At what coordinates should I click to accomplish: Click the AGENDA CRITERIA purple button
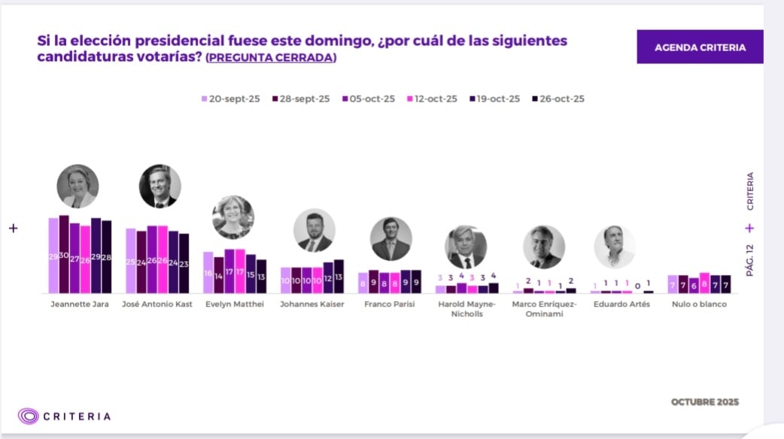(700, 47)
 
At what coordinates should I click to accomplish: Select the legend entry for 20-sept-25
(229, 98)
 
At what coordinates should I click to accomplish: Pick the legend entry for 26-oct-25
(558, 98)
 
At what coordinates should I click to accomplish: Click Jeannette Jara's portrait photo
(77, 186)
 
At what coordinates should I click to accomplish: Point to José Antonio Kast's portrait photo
(160, 186)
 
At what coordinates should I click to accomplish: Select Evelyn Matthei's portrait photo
(233, 216)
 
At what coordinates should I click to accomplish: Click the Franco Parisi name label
(390, 304)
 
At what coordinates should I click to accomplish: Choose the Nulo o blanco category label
(699, 304)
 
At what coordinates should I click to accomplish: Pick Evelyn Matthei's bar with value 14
(219, 275)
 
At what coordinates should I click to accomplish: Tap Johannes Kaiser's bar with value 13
(339, 276)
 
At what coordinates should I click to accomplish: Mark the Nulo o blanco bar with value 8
(704, 283)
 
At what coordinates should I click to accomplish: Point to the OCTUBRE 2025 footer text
(704, 402)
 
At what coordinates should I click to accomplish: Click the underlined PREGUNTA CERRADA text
(271, 58)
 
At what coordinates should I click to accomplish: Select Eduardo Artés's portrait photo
(614, 247)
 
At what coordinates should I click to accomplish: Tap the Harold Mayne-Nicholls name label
(467, 309)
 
